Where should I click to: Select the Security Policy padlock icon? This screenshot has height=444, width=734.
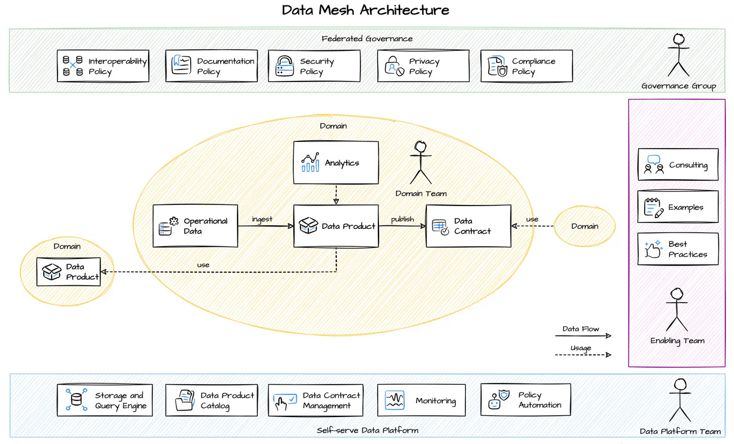(284, 66)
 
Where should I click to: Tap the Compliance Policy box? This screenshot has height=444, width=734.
(527, 66)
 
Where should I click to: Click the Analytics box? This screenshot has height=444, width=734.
(336, 162)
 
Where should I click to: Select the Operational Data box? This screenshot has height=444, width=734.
(195, 226)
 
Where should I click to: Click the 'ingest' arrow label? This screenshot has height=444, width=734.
(262, 219)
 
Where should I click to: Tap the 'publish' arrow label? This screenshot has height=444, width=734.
(402, 219)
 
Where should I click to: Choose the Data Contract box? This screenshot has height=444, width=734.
(468, 226)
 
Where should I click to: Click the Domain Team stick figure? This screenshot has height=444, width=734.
(420, 162)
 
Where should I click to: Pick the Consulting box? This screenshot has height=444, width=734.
(678, 165)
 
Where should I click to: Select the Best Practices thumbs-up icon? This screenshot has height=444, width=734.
(652, 249)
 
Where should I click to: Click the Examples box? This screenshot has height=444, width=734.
(678, 207)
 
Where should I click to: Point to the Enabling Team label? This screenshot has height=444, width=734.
(678, 341)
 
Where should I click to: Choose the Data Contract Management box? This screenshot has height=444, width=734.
(315, 400)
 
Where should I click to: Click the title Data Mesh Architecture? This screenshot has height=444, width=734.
(365, 10)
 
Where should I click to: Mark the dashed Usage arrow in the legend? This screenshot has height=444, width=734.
(582, 355)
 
